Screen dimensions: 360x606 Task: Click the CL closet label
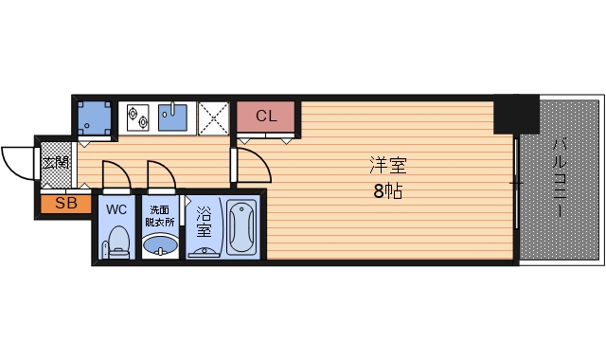[x=266, y=117]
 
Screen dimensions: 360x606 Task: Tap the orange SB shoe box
[x=65, y=203]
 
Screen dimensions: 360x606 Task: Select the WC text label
[x=117, y=208]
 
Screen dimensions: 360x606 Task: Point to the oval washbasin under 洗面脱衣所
[x=160, y=247]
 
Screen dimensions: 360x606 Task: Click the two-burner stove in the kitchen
[x=136, y=117]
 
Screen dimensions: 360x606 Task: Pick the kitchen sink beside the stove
[x=173, y=116]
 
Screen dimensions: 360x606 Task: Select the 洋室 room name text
[x=386, y=165]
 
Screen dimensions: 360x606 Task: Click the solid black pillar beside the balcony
[x=515, y=114]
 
